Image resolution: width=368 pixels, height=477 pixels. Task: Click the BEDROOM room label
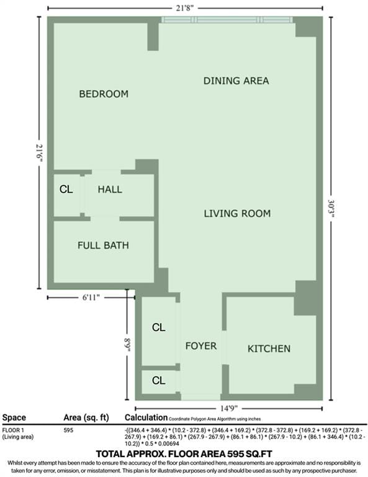[x=104, y=94]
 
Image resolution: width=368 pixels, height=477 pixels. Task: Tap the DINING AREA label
[x=236, y=81]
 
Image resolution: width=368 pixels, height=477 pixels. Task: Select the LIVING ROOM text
[x=237, y=214]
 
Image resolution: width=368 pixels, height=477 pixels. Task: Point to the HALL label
[x=110, y=189]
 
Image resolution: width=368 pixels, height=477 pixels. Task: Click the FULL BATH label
[x=103, y=245]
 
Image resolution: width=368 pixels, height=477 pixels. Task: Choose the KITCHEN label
[x=269, y=348]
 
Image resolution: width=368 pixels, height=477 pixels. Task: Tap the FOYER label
[x=201, y=346]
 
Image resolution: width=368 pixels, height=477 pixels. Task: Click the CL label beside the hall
[x=66, y=189]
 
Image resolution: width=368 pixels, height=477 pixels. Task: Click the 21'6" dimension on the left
[x=40, y=151]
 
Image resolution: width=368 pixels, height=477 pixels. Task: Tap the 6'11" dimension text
[x=92, y=298]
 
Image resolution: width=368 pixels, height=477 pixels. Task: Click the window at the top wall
[x=227, y=20]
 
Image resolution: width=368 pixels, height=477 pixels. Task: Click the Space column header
[x=14, y=418]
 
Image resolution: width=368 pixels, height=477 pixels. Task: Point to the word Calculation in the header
[x=146, y=418]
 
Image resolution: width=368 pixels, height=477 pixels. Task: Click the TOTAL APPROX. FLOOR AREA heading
[x=184, y=454]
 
